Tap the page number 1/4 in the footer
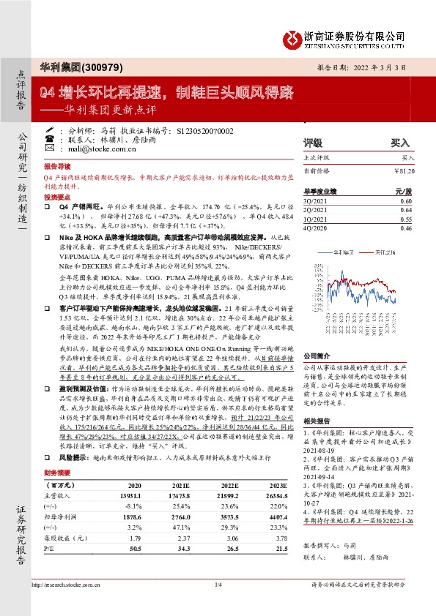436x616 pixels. pyautogui.click(x=218, y=605)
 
